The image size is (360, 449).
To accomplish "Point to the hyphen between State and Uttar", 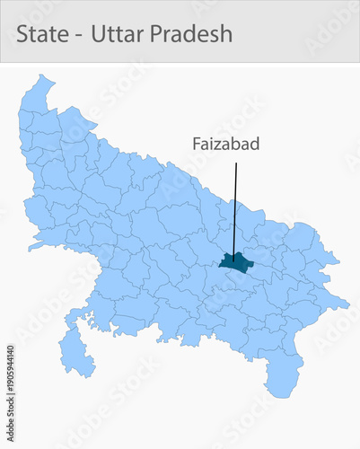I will pyautogui.click(x=78, y=36).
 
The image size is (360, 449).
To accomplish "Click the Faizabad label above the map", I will pyautogui.click(x=224, y=144).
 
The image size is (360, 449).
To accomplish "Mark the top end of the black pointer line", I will pyautogui.click(x=236, y=163).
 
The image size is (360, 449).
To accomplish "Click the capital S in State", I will pyautogui.click(x=23, y=34).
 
